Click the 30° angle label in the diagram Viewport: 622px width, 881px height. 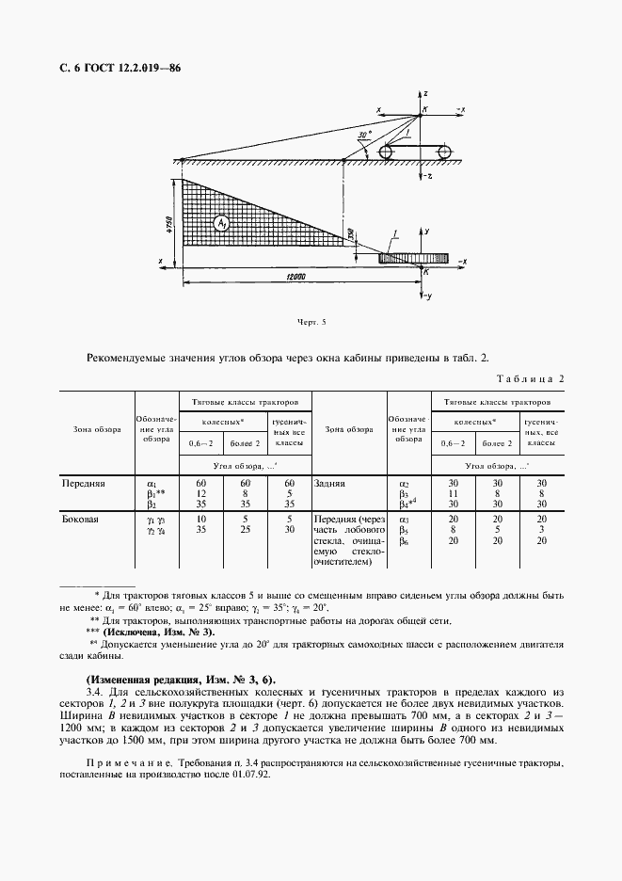tap(359, 135)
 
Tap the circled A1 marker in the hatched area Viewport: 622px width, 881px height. tap(221, 223)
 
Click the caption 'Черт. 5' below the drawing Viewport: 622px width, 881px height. tap(310, 323)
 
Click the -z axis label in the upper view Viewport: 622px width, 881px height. tap(428, 176)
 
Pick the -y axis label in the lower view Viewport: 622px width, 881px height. tap(427, 297)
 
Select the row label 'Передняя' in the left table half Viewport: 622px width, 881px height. tap(83, 483)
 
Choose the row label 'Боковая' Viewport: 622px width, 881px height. tap(80, 519)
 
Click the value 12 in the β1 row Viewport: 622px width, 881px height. tap(188, 492)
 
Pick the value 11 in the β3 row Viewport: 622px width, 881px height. tap(453, 492)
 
